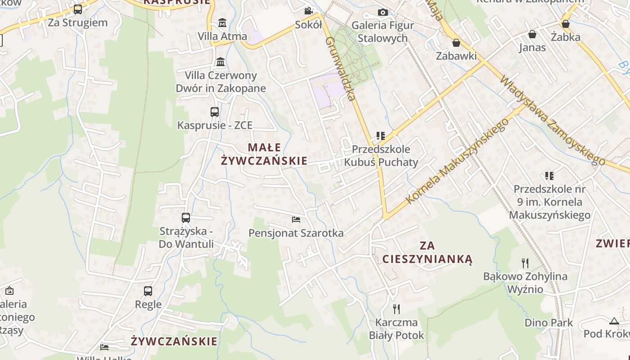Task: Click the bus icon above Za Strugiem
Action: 78,9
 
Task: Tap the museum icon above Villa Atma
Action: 222,22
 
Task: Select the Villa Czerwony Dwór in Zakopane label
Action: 221,82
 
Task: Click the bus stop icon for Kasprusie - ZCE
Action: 215,112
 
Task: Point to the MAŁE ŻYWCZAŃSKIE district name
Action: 264,154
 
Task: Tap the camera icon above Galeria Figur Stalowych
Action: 383,12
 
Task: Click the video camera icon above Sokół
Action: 308,11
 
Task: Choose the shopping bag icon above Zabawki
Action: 456,43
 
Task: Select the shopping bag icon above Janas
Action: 532,34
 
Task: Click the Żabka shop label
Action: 566,37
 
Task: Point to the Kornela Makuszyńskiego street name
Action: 457,161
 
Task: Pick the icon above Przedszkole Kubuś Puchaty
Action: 381,135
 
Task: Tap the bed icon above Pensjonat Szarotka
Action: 296,220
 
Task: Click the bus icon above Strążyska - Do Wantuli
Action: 186,218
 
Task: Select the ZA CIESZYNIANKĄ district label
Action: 427,252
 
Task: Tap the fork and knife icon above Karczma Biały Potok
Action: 396,309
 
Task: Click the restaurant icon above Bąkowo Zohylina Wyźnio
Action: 525,263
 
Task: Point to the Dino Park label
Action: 549,323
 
